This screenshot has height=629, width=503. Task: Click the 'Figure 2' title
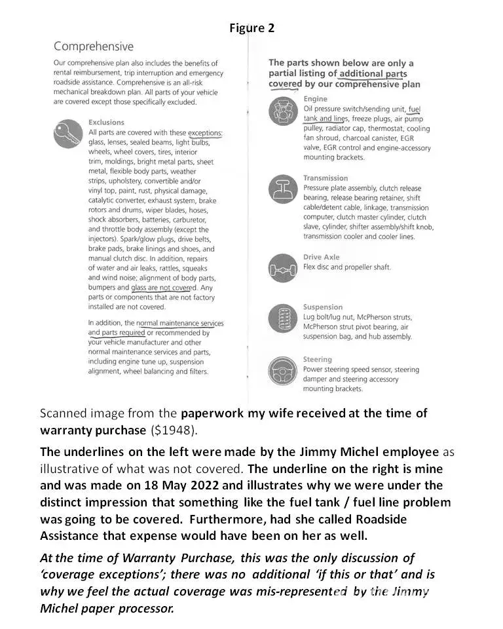pos(251,28)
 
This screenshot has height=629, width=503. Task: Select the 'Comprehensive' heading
pos(93,47)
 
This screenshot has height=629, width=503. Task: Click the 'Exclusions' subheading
pos(106,123)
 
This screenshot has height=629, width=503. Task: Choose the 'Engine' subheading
pos(316,99)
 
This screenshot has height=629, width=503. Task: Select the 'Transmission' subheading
pos(326,178)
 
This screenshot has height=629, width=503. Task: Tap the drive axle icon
pos(282,268)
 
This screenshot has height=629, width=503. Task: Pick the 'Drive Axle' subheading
pos(321,257)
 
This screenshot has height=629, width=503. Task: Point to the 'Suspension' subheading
pos(322,307)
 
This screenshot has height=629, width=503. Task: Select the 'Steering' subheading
pos(318,360)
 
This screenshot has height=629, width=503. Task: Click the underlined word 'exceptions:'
pos(204,133)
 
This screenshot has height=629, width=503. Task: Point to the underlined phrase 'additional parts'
pos(373,74)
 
